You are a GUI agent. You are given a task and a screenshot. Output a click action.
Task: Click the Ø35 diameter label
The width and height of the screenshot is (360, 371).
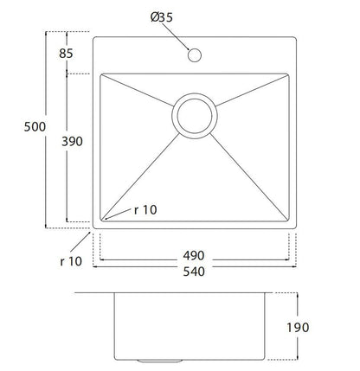[x=162, y=17]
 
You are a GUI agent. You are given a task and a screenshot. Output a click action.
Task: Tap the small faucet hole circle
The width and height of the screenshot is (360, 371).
[x=195, y=54]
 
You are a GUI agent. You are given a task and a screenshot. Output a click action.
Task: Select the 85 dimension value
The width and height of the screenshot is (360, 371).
[x=66, y=54]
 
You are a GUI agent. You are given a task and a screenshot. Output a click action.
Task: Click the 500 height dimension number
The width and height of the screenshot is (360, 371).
[x=35, y=127]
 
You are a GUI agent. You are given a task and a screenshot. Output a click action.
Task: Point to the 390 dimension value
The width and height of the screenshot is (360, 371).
[x=72, y=141]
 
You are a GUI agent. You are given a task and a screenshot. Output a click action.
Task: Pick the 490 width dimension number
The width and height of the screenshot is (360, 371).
[x=194, y=255]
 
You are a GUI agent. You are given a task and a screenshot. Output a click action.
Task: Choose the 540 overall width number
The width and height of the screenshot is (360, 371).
[x=194, y=272]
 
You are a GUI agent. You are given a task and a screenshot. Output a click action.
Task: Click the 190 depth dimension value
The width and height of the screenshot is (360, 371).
[x=298, y=327]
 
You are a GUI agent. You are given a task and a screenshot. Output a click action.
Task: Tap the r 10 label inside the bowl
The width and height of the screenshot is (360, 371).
[x=145, y=210]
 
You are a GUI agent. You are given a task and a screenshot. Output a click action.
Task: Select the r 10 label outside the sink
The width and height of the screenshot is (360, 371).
[x=71, y=261]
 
